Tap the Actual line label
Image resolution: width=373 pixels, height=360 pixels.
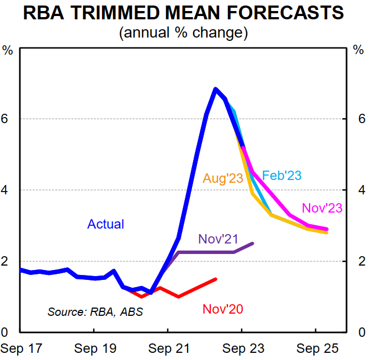point(105,224)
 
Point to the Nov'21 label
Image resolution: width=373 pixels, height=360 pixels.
point(217,239)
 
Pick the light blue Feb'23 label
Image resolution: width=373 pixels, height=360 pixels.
point(282,176)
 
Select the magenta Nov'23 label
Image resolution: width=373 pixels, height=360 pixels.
point(322,208)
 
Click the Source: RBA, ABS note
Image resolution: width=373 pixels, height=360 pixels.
point(95,312)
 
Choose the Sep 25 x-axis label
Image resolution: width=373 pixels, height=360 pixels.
point(316,349)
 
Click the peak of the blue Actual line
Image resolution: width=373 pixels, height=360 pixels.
point(215,89)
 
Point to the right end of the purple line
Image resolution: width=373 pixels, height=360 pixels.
point(253,243)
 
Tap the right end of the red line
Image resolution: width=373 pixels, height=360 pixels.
point(215,279)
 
